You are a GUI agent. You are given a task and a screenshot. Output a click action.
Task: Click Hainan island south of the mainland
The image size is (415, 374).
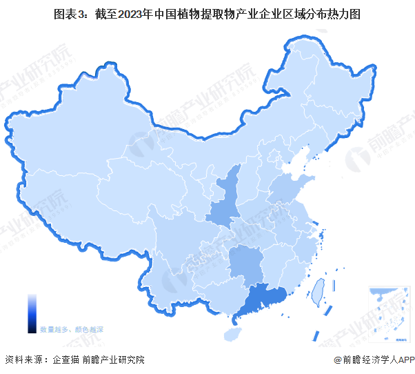pos(233,334)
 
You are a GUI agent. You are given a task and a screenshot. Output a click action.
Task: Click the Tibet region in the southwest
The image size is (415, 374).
pos(76,214)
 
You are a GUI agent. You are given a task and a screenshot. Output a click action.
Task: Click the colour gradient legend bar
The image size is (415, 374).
pos(32,313)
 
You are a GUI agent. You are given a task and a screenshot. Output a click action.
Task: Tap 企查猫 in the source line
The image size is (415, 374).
pos(65,360)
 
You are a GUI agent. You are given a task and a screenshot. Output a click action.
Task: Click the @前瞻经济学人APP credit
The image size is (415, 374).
pos(373,360)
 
